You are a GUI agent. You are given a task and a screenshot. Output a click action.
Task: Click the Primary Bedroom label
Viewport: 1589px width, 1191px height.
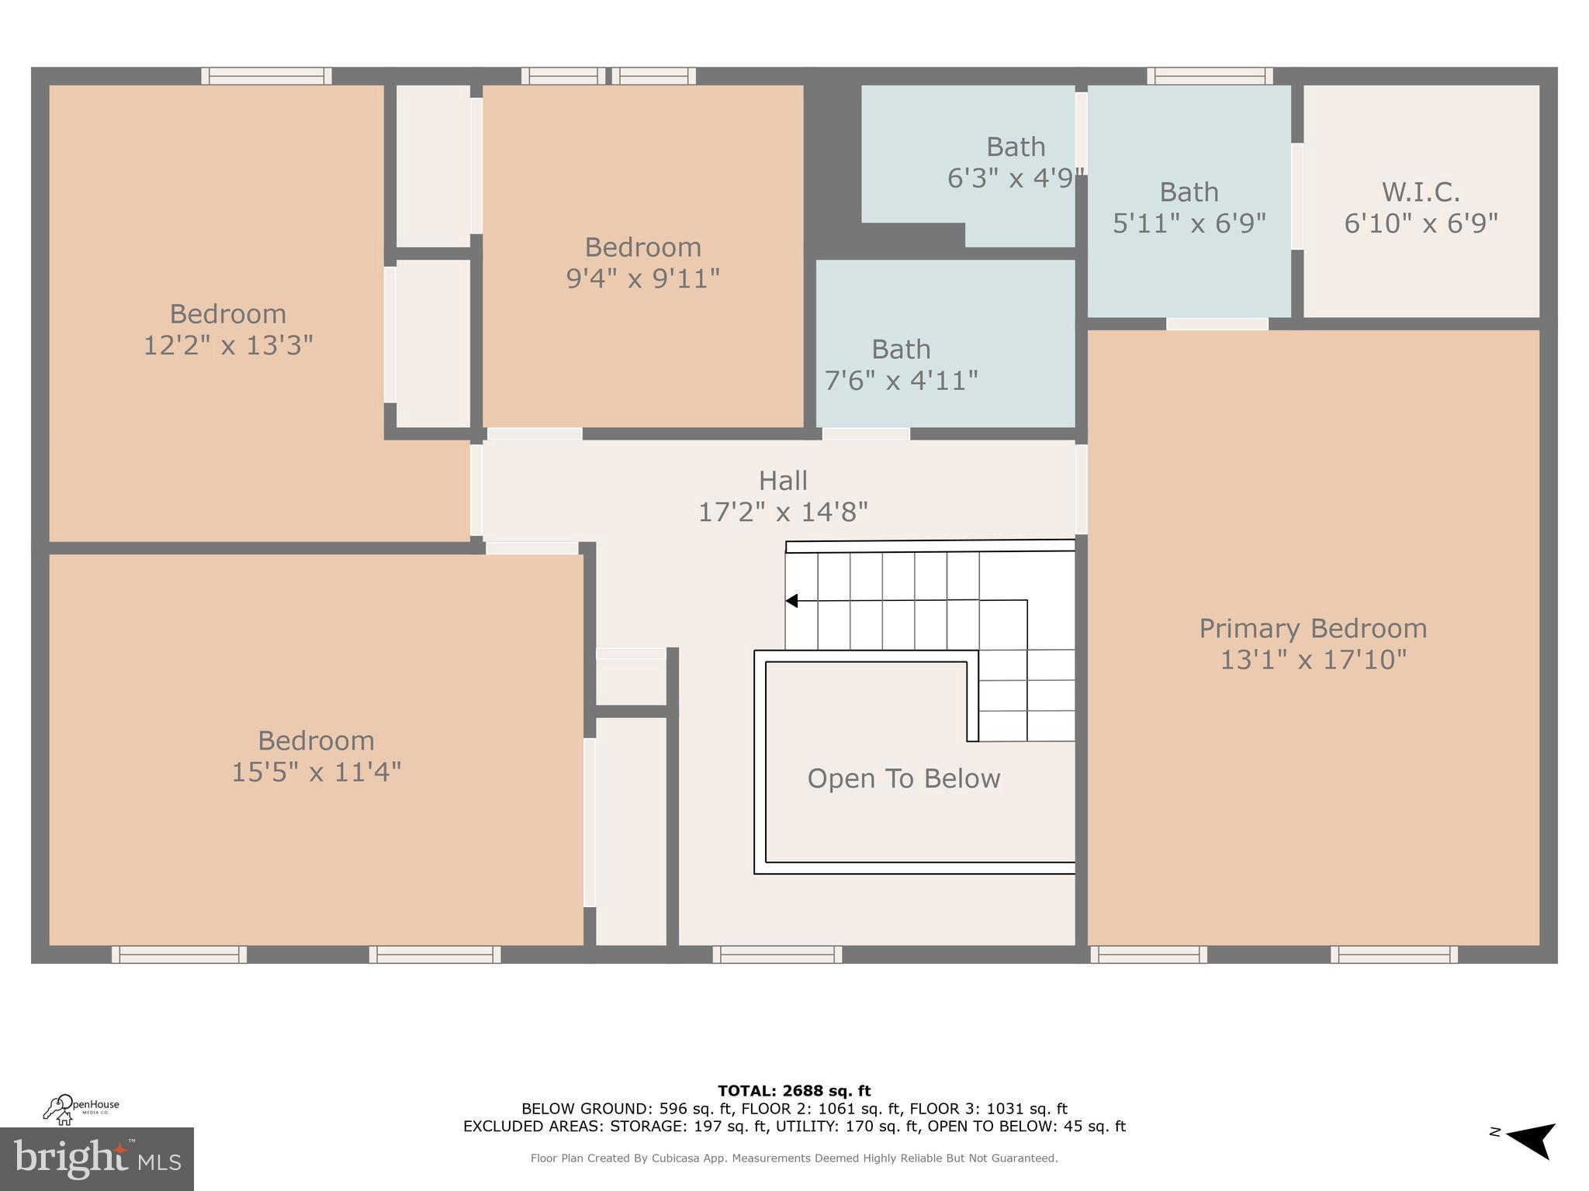coord(1313,628)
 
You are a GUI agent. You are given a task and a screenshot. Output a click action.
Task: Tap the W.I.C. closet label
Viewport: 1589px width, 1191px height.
coord(1421,192)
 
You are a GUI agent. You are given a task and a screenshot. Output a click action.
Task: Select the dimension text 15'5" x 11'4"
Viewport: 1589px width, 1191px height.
coord(317,772)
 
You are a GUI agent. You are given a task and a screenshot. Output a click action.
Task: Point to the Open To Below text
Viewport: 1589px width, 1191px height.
coord(904,778)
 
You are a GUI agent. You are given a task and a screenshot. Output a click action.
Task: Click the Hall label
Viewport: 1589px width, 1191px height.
coord(783,481)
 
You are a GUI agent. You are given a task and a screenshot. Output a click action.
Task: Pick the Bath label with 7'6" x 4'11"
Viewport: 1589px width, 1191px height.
coord(901,350)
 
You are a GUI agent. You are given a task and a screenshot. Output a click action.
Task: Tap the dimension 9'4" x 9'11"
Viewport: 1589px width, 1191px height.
coord(642,278)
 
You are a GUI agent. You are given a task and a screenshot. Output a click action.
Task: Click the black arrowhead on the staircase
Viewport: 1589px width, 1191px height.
coord(791,601)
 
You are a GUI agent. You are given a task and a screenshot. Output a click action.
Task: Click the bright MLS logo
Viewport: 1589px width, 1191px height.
coord(96,1158)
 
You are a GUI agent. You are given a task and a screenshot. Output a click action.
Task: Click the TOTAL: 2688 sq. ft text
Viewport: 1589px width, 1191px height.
coord(794,1091)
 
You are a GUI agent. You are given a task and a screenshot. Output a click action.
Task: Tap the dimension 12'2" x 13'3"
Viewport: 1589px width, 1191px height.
coord(228,345)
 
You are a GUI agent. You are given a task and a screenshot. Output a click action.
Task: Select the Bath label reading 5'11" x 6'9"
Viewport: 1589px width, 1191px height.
coord(1189,192)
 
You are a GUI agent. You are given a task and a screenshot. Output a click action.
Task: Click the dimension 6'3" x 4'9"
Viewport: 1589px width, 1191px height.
coord(1015,178)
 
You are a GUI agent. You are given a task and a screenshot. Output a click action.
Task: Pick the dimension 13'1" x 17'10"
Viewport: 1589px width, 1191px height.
coord(1313,660)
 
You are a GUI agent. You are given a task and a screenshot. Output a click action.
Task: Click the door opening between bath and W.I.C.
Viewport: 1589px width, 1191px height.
coord(1296,196)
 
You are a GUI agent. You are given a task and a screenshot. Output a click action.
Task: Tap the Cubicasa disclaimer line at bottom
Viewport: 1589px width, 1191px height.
coord(794,1158)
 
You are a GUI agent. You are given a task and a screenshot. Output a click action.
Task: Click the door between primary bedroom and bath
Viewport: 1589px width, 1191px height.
coord(1217,324)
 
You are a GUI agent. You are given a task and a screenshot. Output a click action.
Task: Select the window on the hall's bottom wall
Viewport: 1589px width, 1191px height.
coord(777,955)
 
